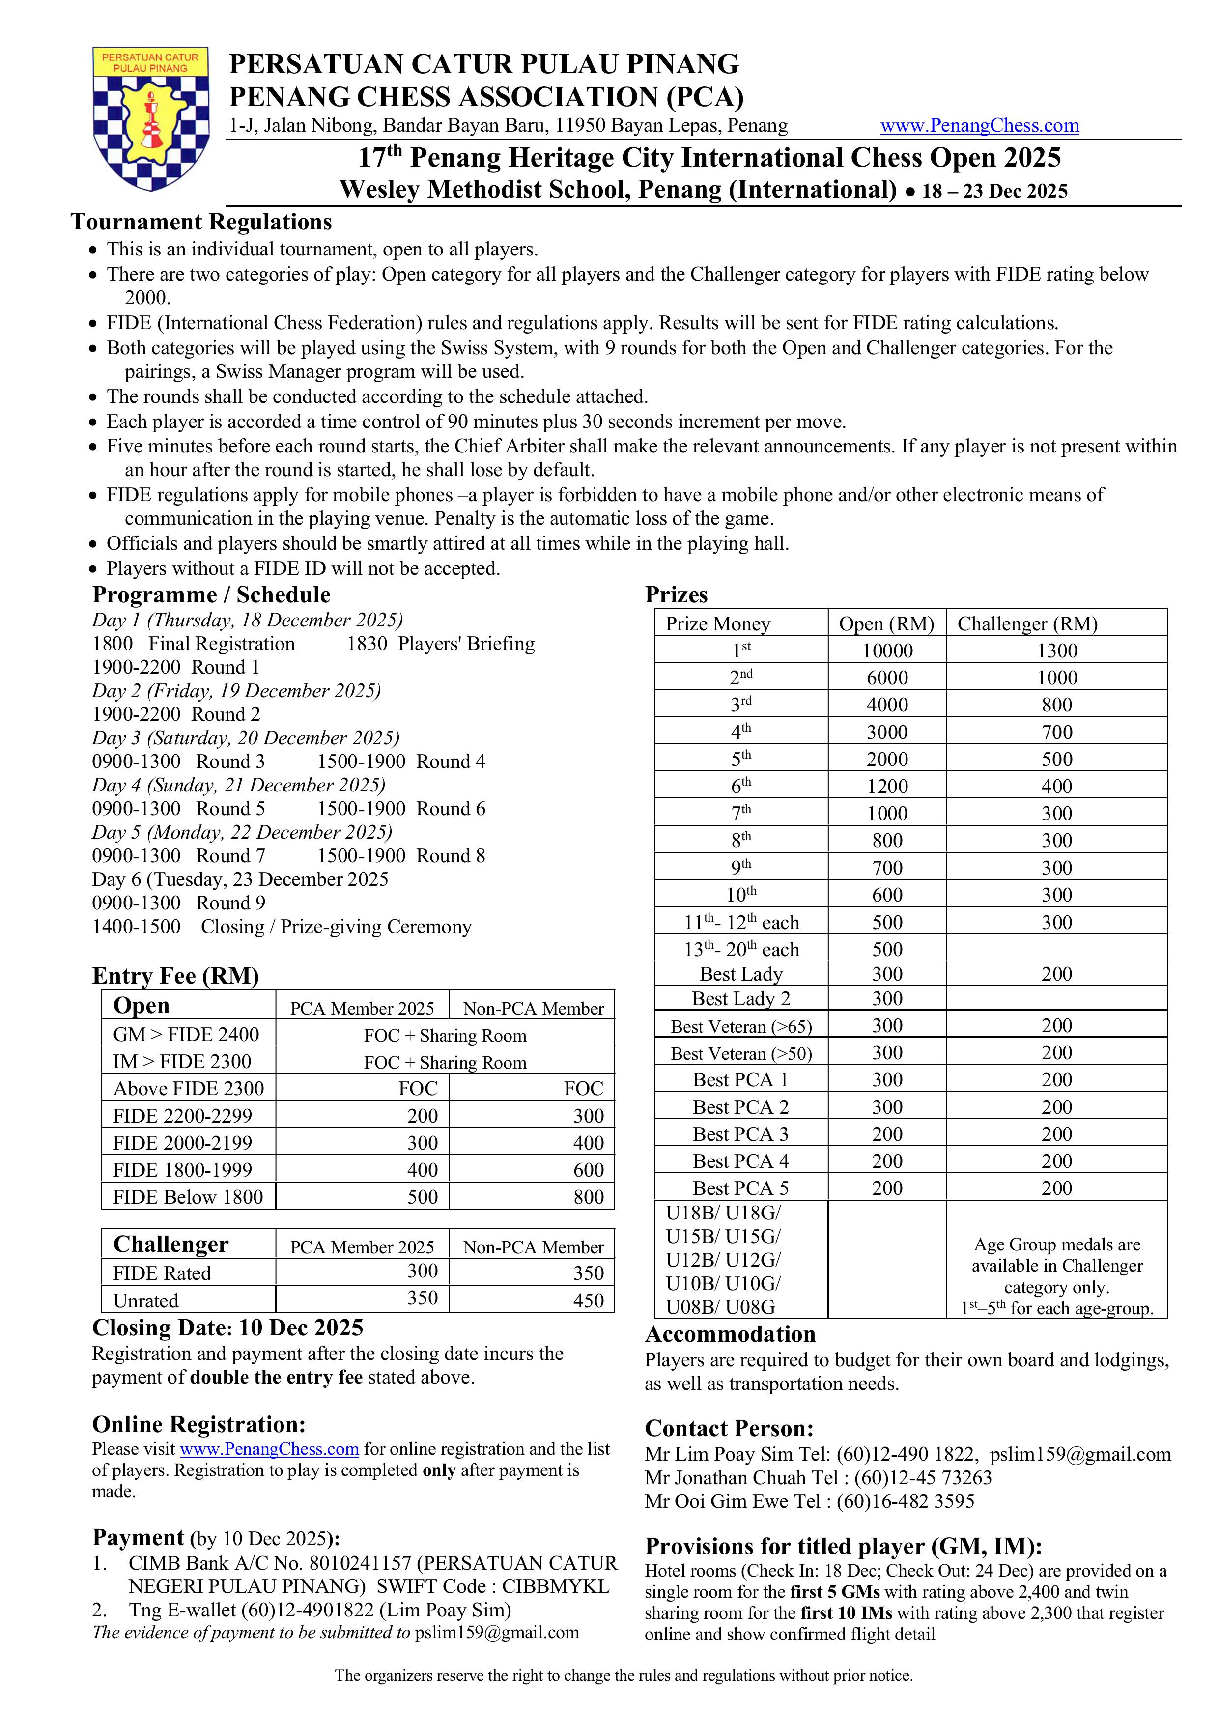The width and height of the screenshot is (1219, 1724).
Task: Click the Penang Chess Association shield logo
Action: tap(150, 118)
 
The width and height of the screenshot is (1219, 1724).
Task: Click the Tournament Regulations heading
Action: tap(201, 222)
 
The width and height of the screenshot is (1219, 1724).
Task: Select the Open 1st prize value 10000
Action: tap(887, 651)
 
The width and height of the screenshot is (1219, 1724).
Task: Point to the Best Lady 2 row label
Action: tap(740, 999)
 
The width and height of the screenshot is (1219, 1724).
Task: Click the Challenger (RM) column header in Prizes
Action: tap(1027, 624)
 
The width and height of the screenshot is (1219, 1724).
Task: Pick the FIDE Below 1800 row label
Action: tap(188, 1197)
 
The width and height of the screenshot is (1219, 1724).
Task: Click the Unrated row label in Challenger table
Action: tap(146, 1300)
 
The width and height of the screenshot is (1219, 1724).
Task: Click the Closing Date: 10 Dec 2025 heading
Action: tap(227, 1328)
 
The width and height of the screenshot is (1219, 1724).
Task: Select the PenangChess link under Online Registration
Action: tap(269, 1449)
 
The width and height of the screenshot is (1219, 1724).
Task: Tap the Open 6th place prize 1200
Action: tap(887, 786)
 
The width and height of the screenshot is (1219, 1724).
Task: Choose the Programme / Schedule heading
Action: tap(211, 594)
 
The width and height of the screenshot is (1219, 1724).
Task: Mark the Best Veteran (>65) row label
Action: tap(740, 1026)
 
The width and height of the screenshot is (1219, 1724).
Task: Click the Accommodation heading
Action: tap(730, 1334)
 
